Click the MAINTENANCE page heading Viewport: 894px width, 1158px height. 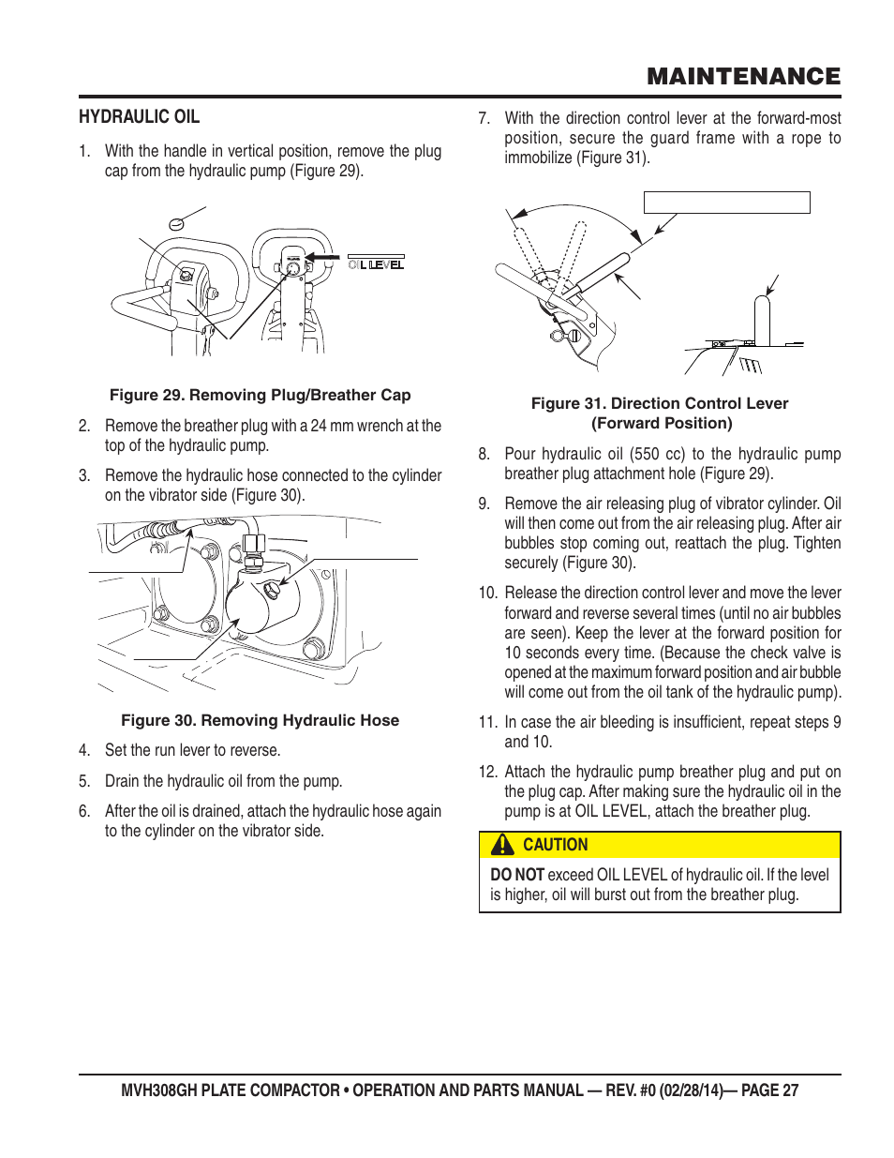click(x=743, y=76)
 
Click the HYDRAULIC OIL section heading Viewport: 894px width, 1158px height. click(x=139, y=116)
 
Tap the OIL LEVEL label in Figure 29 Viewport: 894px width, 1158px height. click(x=376, y=264)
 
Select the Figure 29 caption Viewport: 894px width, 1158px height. click(x=260, y=395)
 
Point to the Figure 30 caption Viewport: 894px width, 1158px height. click(x=260, y=720)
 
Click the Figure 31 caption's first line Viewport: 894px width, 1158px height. click(x=659, y=403)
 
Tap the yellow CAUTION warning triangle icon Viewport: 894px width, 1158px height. click(x=503, y=845)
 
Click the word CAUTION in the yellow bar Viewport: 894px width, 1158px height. click(x=555, y=845)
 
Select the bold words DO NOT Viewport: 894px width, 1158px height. click(x=516, y=875)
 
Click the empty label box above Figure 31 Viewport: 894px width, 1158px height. click(x=726, y=203)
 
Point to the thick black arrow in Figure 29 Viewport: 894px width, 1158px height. click(x=321, y=256)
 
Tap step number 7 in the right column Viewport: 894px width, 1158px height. click(x=484, y=118)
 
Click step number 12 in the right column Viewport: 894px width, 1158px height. click(x=487, y=772)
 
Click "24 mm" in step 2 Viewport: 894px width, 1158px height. click(x=327, y=426)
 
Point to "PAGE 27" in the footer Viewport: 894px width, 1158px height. click(x=769, y=1090)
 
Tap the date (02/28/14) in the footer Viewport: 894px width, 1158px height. click(x=691, y=1090)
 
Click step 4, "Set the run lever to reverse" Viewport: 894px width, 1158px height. click(x=192, y=750)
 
